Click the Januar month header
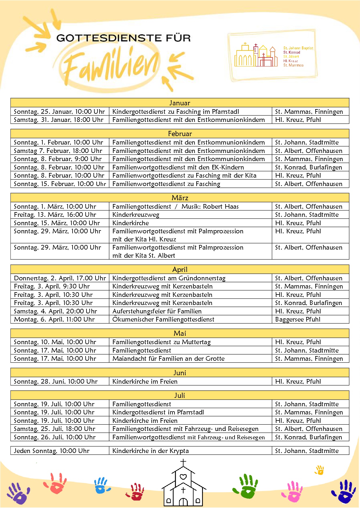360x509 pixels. (x=180, y=103)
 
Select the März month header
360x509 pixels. (x=180, y=198)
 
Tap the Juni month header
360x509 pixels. (x=180, y=373)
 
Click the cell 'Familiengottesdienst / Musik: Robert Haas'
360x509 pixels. (x=175, y=206)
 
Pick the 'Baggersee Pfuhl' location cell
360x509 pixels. (x=298, y=320)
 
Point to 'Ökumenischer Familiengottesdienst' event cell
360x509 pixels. (x=163, y=320)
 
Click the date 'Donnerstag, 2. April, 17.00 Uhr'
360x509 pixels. (x=60, y=278)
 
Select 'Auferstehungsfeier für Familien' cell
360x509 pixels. (x=157, y=311)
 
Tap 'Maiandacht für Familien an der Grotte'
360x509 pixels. (x=168, y=359)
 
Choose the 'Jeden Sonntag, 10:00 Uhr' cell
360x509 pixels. (x=52, y=451)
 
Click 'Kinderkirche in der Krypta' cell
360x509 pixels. (x=150, y=451)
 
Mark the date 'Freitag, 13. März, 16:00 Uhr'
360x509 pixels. (x=55, y=215)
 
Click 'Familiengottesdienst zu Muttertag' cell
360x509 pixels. (x=161, y=342)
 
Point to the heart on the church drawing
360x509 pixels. (x=183, y=476)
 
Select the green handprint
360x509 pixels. (x=246, y=486)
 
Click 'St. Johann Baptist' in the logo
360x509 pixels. (x=298, y=48)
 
